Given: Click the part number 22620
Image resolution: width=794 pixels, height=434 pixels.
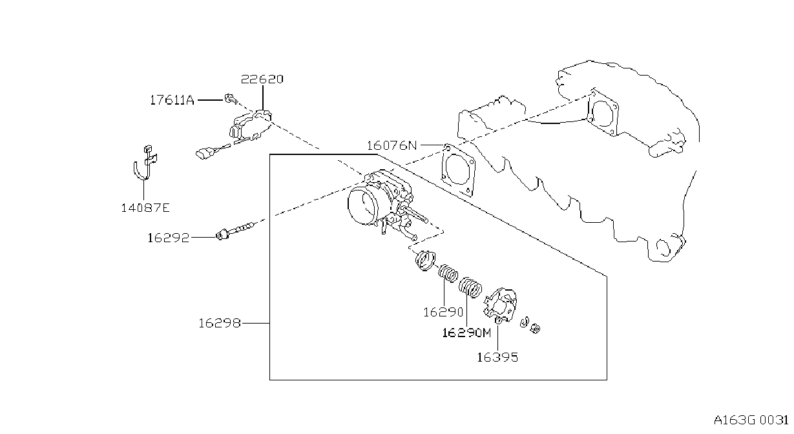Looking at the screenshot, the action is click(262, 79).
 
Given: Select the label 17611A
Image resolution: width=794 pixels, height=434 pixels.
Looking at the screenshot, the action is click(172, 100).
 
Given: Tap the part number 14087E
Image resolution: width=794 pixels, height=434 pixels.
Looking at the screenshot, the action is click(145, 208).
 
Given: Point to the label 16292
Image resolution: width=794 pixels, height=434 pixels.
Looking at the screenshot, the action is click(169, 238).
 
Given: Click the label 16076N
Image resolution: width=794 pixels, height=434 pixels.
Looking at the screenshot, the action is click(392, 145).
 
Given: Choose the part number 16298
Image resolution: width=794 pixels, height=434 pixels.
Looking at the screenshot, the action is click(220, 323).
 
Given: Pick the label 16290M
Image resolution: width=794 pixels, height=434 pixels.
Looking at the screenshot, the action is click(467, 333).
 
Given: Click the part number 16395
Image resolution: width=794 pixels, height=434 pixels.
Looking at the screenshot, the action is click(497, 358).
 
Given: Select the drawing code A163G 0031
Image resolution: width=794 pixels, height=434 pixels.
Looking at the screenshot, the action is click(751, 420).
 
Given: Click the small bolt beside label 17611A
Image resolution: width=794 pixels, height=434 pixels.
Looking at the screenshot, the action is click(231, 99).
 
